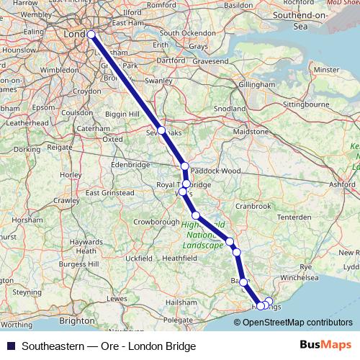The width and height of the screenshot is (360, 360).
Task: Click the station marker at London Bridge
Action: click(91, 35)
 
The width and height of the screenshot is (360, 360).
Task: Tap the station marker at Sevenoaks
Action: click(161, 131)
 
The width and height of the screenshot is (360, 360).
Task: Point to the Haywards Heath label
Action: click(86, 247)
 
